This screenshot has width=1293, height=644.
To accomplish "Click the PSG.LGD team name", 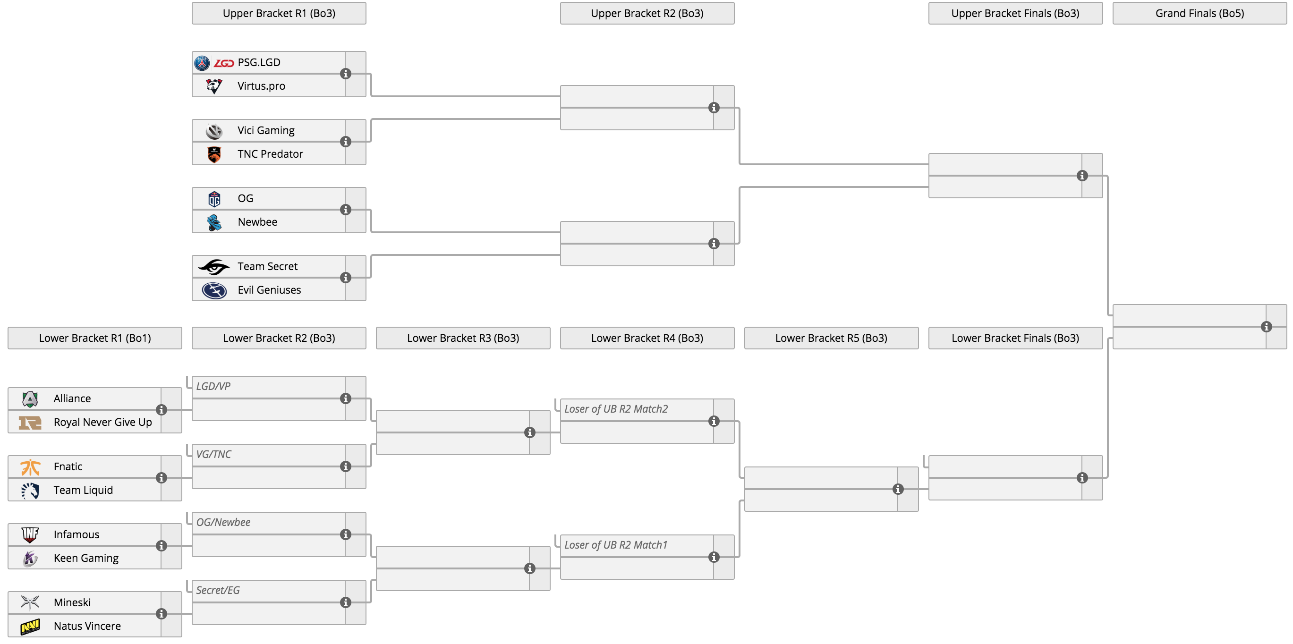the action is point(259,62).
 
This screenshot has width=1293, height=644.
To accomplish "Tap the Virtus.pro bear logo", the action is point(214,86).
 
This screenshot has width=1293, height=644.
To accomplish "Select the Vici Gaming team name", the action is point(266,130).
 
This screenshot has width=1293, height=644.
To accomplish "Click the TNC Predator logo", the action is point(214,154).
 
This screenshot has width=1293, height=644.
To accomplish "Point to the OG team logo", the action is point(214,199).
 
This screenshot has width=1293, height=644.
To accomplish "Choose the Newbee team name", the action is point(257,222).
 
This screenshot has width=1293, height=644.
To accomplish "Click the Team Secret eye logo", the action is point(214,267).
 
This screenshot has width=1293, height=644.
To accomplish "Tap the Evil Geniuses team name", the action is point(270,289).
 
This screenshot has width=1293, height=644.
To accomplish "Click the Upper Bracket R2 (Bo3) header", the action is point(647,13).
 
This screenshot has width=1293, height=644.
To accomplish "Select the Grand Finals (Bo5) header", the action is point(1199,13).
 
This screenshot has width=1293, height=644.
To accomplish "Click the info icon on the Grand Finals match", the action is point(1267,327).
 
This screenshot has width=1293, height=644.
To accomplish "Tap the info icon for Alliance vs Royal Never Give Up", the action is point(161,410).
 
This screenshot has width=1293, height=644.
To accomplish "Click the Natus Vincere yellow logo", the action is point(30,627).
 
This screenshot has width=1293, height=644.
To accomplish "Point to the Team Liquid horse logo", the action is point(30,491).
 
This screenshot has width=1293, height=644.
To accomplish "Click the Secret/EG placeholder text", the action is point(218,590).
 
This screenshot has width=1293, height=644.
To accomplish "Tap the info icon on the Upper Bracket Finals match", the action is point(1082,176).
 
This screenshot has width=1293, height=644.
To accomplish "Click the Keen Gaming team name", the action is point(86,558).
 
